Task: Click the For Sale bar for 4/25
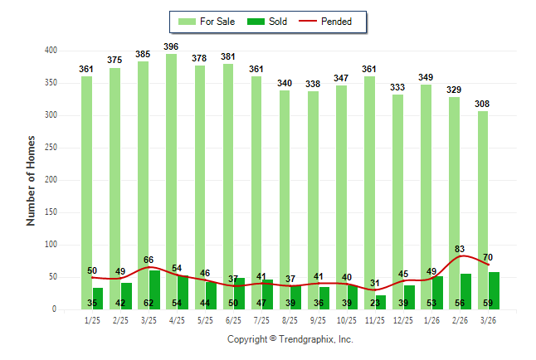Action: [x=171, y=166]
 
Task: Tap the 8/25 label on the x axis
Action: [x=290, y=320]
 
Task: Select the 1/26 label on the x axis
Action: [x=431, y=320]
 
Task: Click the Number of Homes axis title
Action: [x=32, y=180]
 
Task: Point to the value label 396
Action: [x=172, y=46]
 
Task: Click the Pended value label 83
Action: [x=460, y=249]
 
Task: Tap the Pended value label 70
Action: [x=488, y=257]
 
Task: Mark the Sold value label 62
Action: [x=149, y=304]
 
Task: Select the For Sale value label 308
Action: [x=482, y=104]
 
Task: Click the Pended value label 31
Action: [x=374, y=283]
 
